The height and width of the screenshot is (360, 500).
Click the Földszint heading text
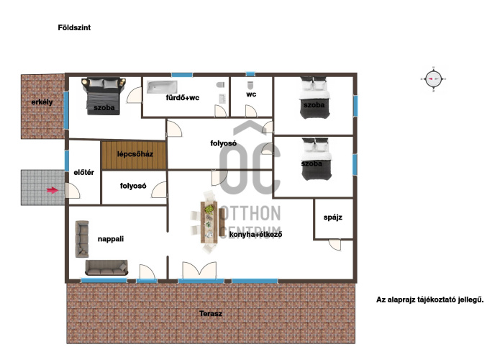tap(74, 28)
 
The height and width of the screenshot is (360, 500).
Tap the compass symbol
tap(433, 78)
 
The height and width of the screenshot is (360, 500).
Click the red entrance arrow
tap(53, 190)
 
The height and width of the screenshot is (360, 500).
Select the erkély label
tap(42, 102)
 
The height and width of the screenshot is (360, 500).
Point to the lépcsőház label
tap(135, 154)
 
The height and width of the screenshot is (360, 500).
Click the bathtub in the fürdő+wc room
tap(162, 87)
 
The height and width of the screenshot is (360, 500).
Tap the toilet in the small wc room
tap(250, 85)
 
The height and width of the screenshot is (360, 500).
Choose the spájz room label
tap(333, 217)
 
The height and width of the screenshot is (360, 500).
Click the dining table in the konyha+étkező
tap(209, 222)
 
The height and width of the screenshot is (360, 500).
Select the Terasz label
tap(211, 313)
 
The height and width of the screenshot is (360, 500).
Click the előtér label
tap(84, 172)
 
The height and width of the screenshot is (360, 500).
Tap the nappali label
tap(111, 239)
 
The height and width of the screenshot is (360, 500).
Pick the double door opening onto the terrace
tap(199, 270)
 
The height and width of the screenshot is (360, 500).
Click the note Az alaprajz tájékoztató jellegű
tap(429, 300)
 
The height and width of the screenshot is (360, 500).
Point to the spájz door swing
tap(335, 245)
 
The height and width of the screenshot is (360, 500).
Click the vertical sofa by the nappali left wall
tap(82, 239)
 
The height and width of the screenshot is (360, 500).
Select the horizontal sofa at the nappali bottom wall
tap(106, 267)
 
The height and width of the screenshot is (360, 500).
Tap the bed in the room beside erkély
tap(104, 96)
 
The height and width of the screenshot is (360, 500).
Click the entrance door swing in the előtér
tap(73, 191)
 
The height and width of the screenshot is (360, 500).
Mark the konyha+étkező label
tap(255, 235)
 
